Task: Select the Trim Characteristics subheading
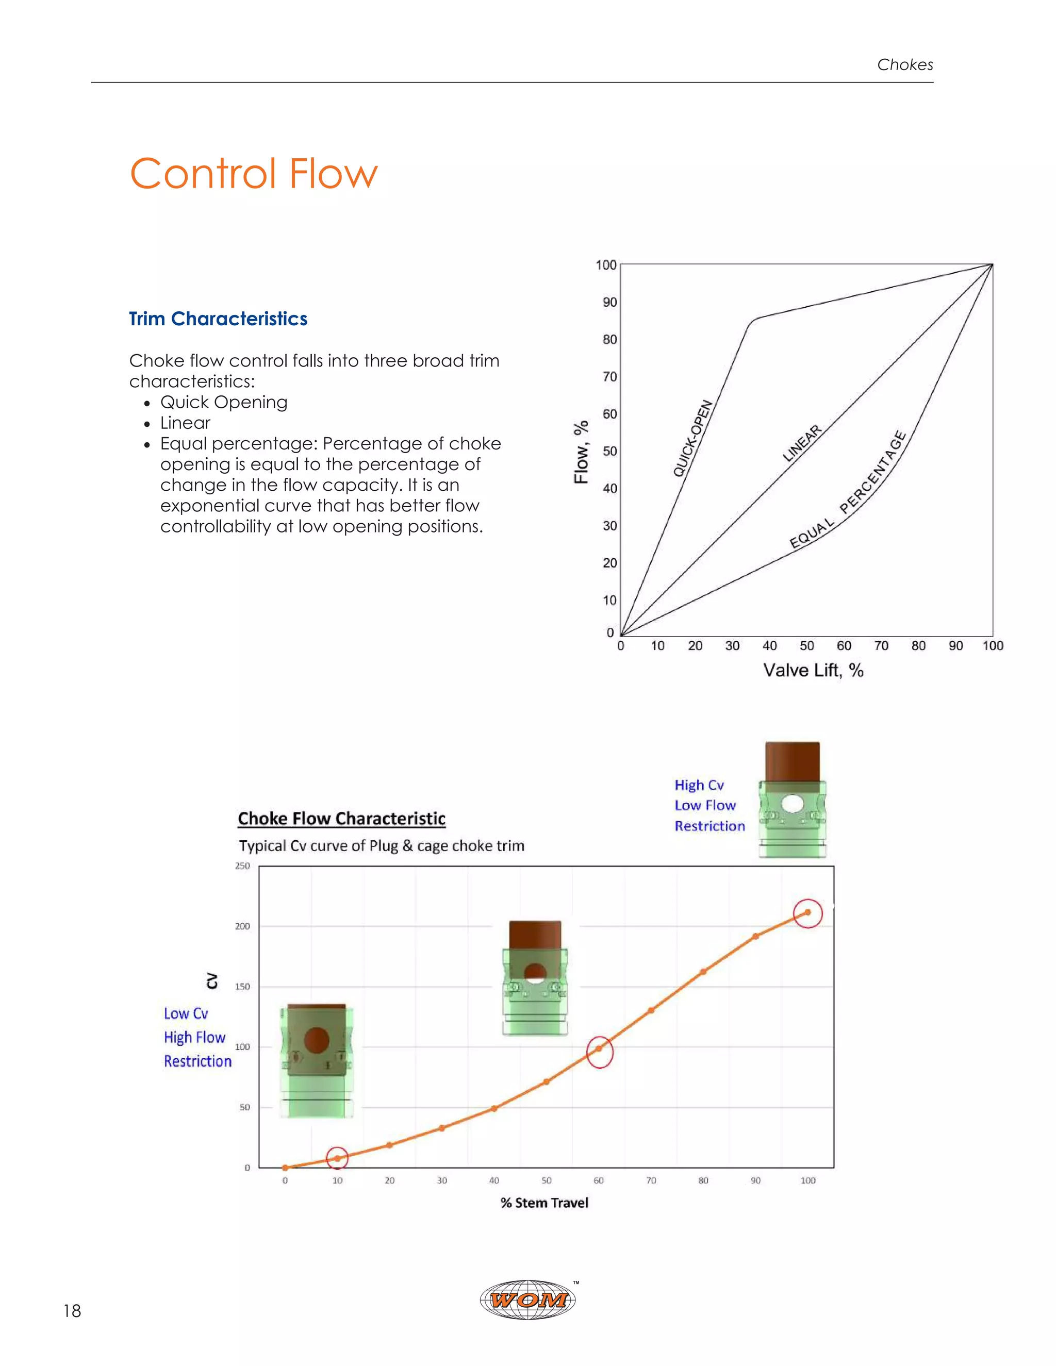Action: point(218,319)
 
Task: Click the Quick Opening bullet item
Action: point(223,402)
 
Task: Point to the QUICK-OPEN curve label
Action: point(692,439)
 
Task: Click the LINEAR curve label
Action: point(801,443)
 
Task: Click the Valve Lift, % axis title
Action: point(813,671)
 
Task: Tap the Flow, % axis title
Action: point(581,452)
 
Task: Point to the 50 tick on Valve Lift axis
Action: point(806,646)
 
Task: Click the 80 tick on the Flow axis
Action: point(609,340)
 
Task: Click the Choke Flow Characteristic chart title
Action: point(341,819)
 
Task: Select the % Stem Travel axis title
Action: point(544,1203)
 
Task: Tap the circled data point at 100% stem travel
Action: point(807,912)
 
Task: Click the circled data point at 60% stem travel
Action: point(599,1049)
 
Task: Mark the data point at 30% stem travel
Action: point(442,1128)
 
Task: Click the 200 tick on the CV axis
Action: point(242,926)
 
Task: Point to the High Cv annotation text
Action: point(699,785)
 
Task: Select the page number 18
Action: point(72,1311)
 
